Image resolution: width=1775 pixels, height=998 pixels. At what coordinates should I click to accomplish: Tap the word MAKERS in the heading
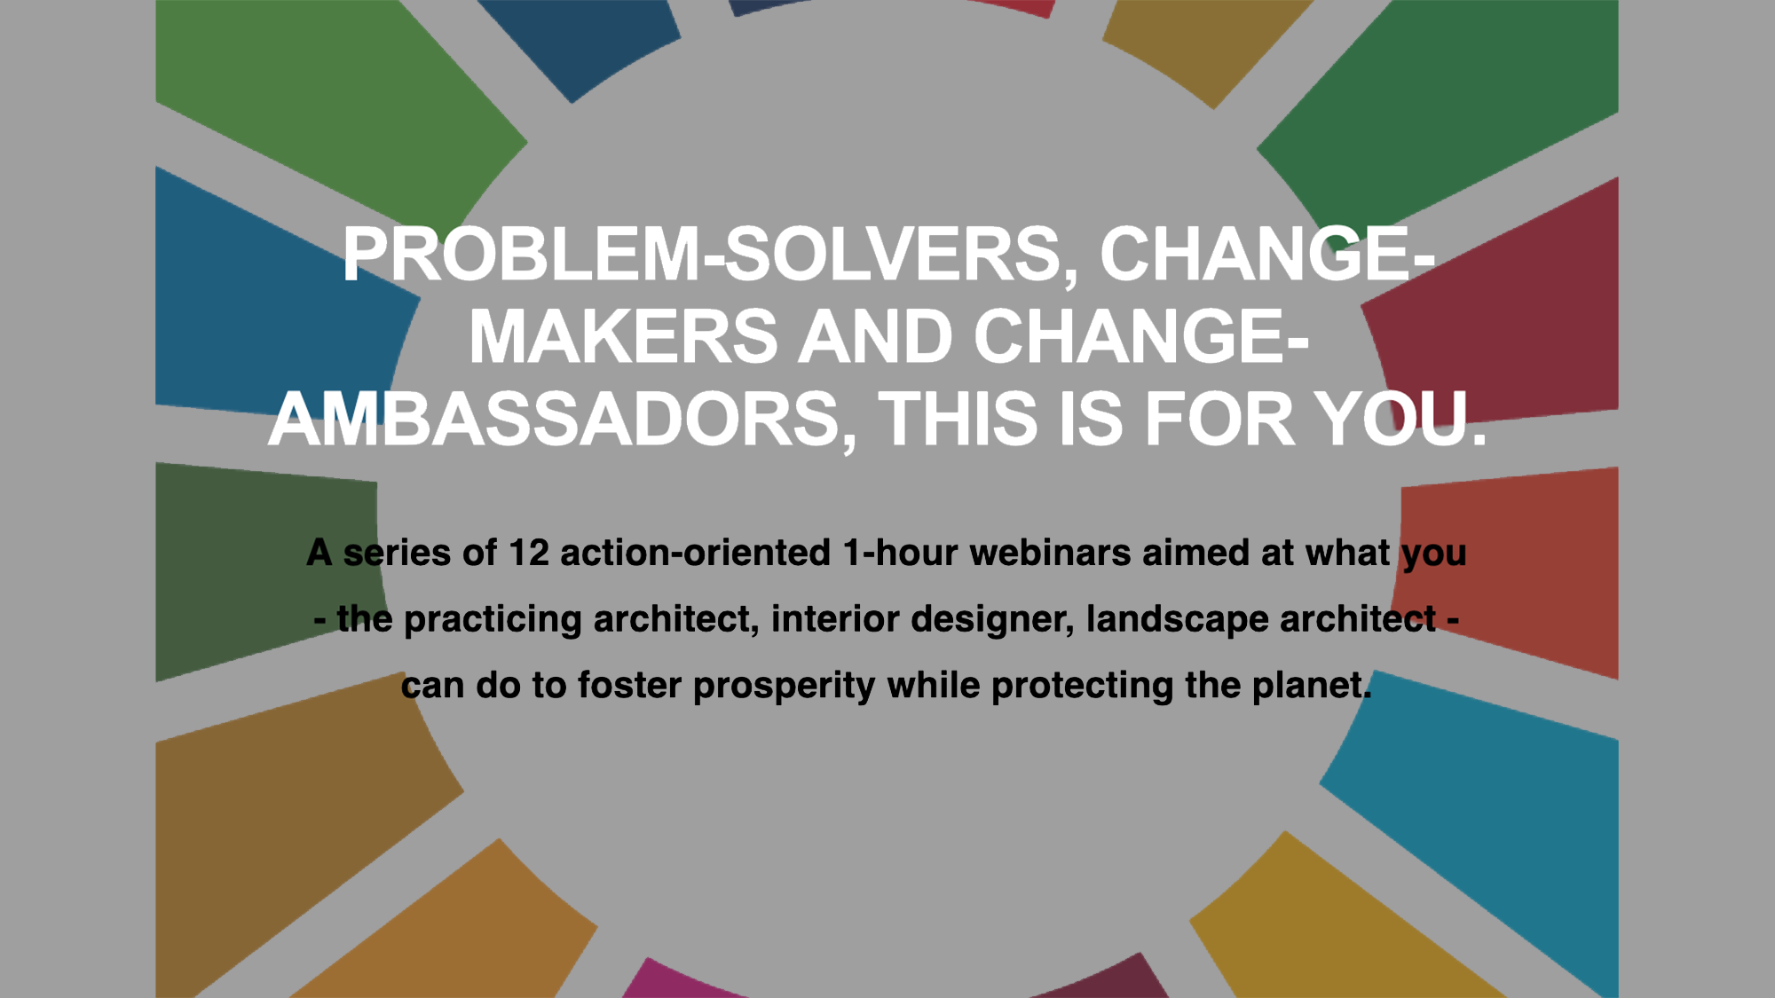click(623, 337)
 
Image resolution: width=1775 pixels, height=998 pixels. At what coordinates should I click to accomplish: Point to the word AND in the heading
click(876, 337)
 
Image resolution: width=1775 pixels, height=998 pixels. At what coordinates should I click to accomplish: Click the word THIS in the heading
click(958, 420)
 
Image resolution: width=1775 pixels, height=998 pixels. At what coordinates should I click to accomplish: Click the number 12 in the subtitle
click(528, 553)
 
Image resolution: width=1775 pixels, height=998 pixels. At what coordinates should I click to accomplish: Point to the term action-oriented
click(695, 553)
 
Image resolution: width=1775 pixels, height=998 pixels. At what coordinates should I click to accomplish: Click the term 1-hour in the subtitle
click(900, 553)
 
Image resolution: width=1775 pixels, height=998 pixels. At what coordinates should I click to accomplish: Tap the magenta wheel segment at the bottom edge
click(683, 979)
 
